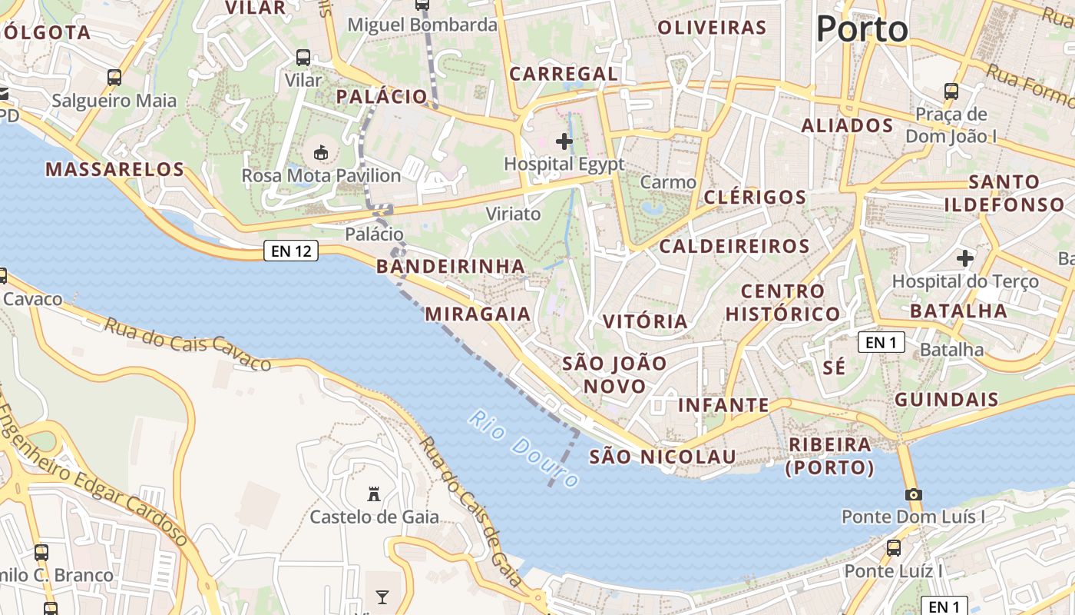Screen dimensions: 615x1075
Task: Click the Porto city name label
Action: (862, 29)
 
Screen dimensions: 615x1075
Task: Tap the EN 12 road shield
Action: (291, 250)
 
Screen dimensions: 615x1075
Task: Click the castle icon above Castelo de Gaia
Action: (375, 494)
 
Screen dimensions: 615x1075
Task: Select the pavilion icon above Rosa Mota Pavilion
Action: (321, 152)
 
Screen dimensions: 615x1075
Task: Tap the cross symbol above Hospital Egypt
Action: (564, 141)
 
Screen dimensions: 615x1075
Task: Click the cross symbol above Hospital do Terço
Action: (964, 258)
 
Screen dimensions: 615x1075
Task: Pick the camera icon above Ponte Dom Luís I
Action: (913, 494)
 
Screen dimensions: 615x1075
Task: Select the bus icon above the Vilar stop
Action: (303, 57)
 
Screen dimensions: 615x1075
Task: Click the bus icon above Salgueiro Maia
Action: (114, 77)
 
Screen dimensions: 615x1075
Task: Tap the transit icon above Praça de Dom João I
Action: (951, 91)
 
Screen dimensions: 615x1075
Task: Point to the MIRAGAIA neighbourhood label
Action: (478, 314)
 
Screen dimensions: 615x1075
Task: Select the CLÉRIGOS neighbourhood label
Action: (755, 197)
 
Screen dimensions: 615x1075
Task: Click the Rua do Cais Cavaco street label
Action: (187, 344)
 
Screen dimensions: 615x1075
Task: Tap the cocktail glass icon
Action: (382, 597)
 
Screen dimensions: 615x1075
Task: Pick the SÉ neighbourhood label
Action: (834, 367)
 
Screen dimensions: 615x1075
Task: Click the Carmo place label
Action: (668, 182)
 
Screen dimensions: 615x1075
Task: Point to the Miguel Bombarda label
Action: (422, 25)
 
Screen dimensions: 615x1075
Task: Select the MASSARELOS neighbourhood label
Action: (115, 169)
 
